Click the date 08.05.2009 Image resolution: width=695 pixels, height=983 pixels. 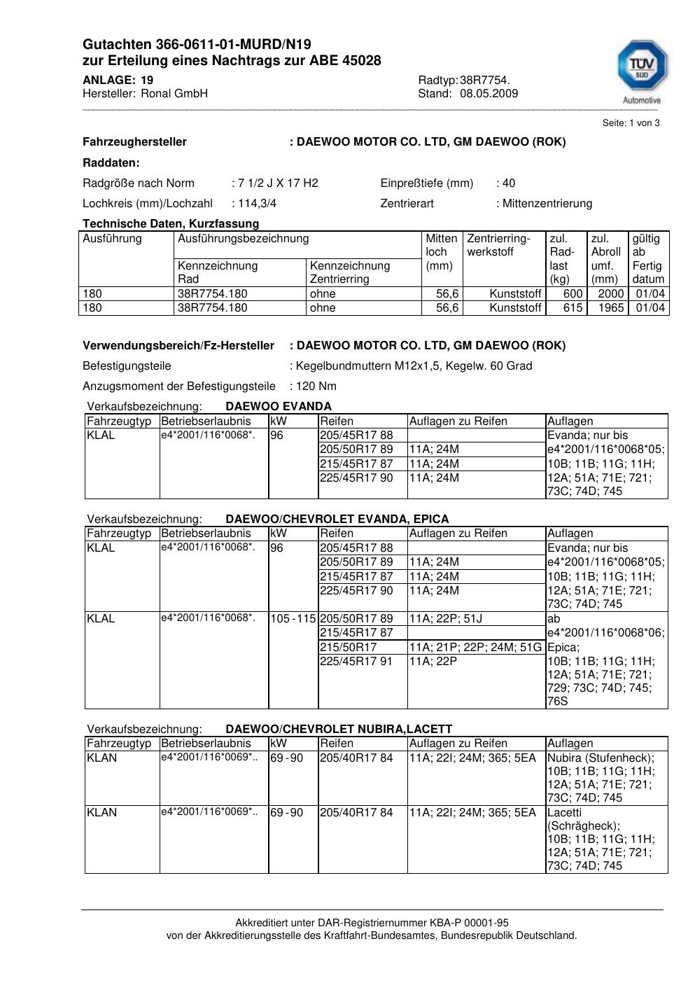pos(489,94)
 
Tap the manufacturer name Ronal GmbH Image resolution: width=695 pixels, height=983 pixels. pos(174,94)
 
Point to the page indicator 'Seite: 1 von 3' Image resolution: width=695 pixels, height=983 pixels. pos(631,123)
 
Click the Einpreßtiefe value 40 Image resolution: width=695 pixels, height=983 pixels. pos(509,183)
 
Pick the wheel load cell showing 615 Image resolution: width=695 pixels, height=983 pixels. pos(573,308)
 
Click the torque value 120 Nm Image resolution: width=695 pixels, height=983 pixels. pos(316,386)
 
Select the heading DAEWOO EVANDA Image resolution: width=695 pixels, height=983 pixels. pos(279,407)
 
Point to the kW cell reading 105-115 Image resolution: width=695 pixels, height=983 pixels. pos(293,619)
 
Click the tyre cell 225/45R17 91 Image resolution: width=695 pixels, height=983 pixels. pos(356,661)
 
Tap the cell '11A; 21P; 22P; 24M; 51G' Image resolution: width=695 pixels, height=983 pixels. pos(475,648)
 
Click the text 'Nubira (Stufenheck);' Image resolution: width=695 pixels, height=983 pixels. pos(601,758)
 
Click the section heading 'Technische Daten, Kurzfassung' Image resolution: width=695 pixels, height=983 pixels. pos(171,224)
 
